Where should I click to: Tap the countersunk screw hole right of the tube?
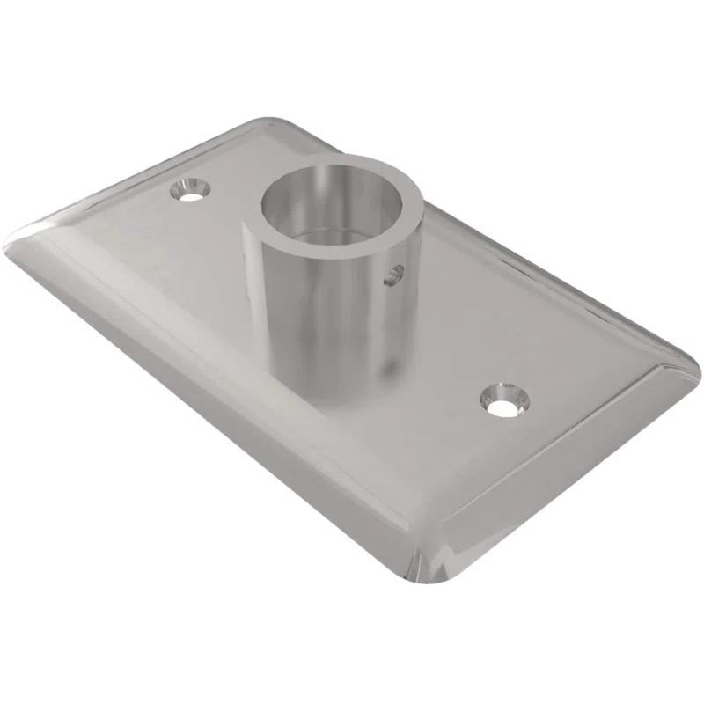[x=503, y=400]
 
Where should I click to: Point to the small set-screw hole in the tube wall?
[x=393, y=275]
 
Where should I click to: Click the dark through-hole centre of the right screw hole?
[x=502, y=407]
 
